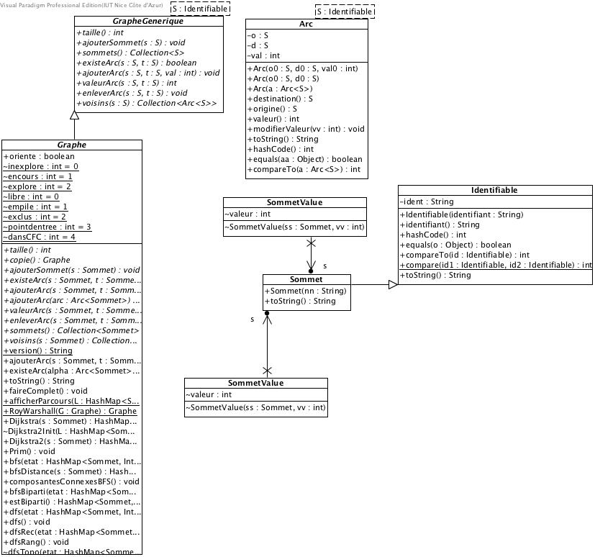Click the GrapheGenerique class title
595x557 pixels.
pyautogui.click(x=148, y=22)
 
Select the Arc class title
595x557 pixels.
pyautogui.click(x=306, y=24)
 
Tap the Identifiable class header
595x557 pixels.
pyautogui.click(x=494, y=190)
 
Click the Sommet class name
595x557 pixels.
pyautogui.click(x=306, y=279)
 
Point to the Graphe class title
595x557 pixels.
pyautogui.click(x=72, y=145)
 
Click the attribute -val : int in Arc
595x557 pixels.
pyautogui.click(x=263, y=55)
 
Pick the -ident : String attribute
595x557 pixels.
pyautogui.click(x=427, y=201)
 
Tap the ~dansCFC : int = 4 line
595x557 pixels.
pyautogui.click(x=40, y=237)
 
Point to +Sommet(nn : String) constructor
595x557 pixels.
pyautogui.click(x=306, y=291)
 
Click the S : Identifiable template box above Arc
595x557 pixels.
pyautogui.click(x=345, y=12)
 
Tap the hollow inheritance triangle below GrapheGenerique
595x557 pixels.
pyautogui.click(x=73, y=115)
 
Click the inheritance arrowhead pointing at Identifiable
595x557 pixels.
pyautogui.click(x=392, y=286)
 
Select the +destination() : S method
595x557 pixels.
pyautogui.click(x=280, y=99)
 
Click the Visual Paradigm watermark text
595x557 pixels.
pyautogui.click(x=81, y=5)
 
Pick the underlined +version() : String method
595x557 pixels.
pyautogui.click(x=38, y=350)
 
